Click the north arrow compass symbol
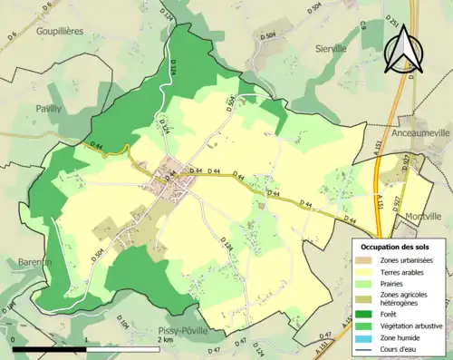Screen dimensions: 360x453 coord(404,48)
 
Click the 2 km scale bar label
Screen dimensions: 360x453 coord(164,339)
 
